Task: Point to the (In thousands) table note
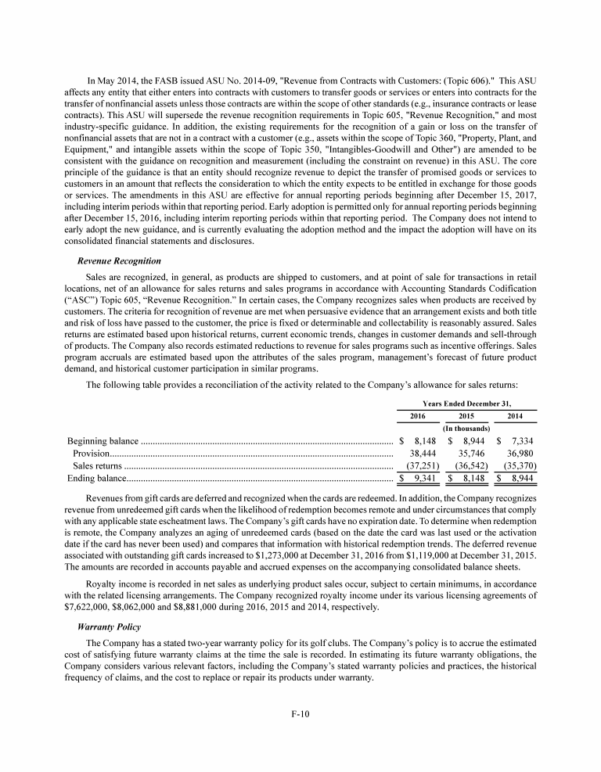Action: tap(466, 428)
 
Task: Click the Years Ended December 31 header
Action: tap(466, 402)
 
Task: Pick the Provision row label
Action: tap(91, 453)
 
